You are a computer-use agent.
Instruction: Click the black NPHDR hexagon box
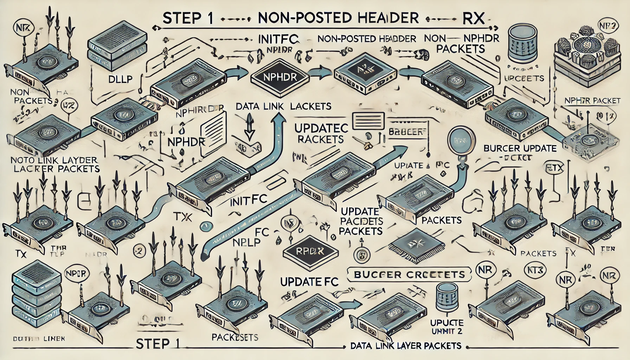click(x=278, y=77)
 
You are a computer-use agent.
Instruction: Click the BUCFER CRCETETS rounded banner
click(x=409, y=274)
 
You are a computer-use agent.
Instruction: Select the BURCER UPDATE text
click(x=520, y=148)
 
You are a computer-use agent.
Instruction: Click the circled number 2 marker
click(x=140, y=250)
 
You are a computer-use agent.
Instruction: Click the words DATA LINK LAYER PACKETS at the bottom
click(x=406, y=346)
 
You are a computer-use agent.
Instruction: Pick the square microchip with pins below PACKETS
click(x=418, y=242)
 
